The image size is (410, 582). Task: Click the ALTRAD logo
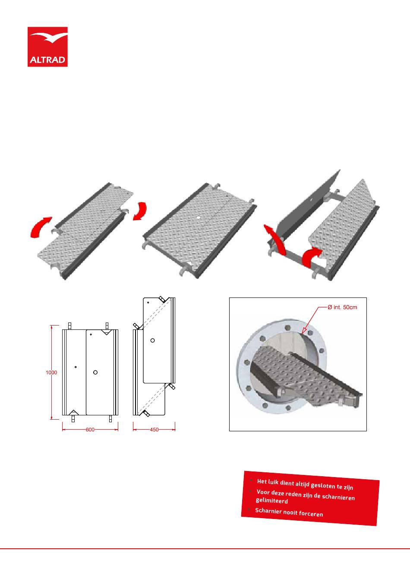tap(47, 47)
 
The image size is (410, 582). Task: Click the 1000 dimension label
tap(51, 373)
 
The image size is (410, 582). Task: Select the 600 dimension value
tap(90, 430)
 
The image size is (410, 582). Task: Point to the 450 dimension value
tap(154, 430)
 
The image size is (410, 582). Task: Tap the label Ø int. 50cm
tap(342, 307)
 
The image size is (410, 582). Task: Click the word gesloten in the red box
tap(323, 485)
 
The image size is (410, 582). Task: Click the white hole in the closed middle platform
tap(199, 217)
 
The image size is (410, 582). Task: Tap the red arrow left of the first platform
tap(41, 227)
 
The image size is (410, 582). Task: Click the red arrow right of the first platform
tap(140, 211)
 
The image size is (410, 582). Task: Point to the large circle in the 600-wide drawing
tap(95, 372)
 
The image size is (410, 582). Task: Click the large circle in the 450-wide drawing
tap(153, 340)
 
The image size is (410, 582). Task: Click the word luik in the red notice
tap(273, 482)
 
